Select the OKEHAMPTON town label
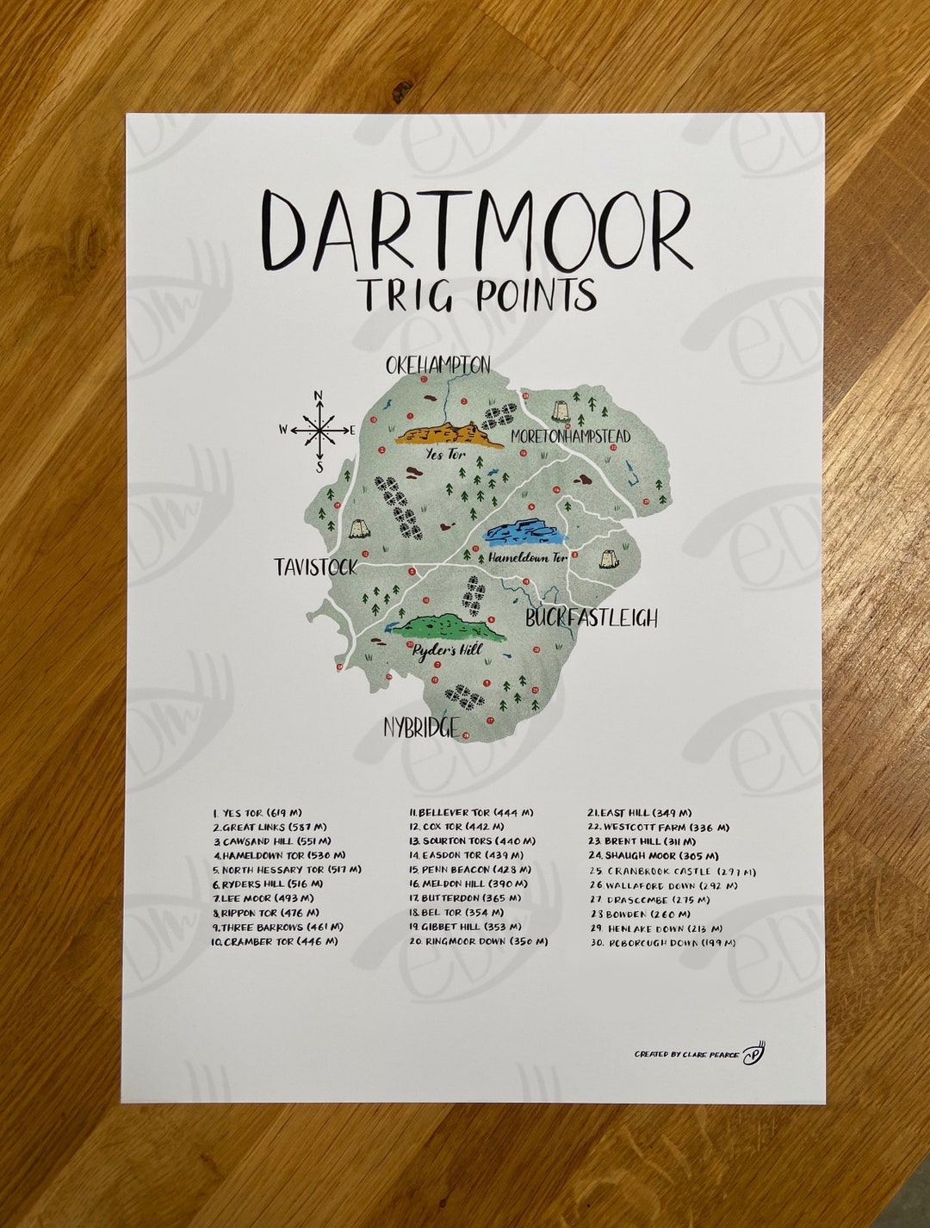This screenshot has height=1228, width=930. [x=438, y=365]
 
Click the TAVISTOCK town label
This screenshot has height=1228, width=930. [x=315, y=567]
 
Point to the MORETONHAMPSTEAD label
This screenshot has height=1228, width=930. [x=570, y=437]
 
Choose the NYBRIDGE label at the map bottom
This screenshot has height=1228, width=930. [x=421, y=728]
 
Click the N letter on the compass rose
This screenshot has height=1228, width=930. [x=318, y=396]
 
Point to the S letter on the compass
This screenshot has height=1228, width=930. [x=319, y=468]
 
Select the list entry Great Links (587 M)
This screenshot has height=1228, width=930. [x=269, y=827]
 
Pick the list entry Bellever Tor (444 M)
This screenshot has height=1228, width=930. [x=471, y=812]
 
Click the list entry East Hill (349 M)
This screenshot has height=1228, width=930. [x=640, y=812]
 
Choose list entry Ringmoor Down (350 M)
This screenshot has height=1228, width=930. [x=478, y=941]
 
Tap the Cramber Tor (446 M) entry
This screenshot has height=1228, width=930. [x=274, y=941]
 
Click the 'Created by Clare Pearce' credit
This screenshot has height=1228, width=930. [x=686, y=1053]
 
